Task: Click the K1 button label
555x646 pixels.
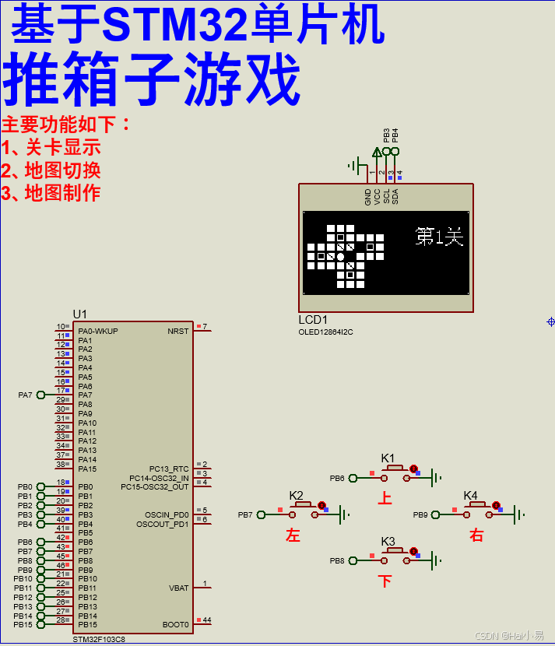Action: (388, 458)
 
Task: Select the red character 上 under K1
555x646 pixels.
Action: (385, 498)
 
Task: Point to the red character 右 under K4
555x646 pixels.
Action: (476, 535)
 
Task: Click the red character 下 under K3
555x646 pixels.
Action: (385, 581)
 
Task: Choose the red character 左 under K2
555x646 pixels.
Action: (293, 535)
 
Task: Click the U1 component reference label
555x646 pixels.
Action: (80, 314)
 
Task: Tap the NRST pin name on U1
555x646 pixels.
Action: (177, 331)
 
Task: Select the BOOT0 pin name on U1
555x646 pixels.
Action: (175, 624)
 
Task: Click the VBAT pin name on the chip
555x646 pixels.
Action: (178, 588)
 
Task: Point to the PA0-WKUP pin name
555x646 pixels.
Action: (98, 331)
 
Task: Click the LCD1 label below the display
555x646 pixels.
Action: (313, 320)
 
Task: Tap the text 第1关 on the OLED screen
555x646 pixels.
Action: (439, 236)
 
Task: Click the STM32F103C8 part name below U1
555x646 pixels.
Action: (99, 639)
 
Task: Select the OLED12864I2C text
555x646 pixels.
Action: (325, 332)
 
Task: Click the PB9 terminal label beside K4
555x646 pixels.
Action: (420, 514)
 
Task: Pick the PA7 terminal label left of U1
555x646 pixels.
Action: (26, 395)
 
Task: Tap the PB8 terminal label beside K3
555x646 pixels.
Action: (336, 560)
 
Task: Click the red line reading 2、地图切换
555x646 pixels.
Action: (51, 170)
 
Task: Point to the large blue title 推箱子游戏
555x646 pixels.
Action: (152, 79)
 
